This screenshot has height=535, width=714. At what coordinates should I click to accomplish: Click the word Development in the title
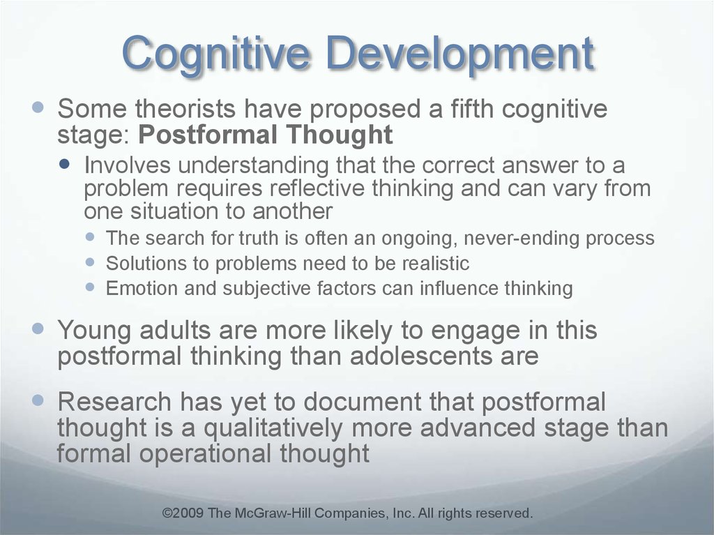[460, 55]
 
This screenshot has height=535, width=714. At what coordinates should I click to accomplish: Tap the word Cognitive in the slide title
[216, 55]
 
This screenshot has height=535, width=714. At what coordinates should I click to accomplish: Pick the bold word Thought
[340, 135]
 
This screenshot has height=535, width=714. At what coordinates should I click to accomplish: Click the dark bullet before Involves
[65, 164]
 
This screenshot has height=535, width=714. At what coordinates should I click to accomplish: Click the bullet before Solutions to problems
[90, 262]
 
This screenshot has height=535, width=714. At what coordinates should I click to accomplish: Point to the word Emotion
[142, 289]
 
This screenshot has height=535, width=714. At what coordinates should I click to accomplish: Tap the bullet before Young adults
[38, 328]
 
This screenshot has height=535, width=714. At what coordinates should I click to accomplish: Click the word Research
[114, 402]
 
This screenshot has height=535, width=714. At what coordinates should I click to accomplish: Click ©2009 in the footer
[183, 513]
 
